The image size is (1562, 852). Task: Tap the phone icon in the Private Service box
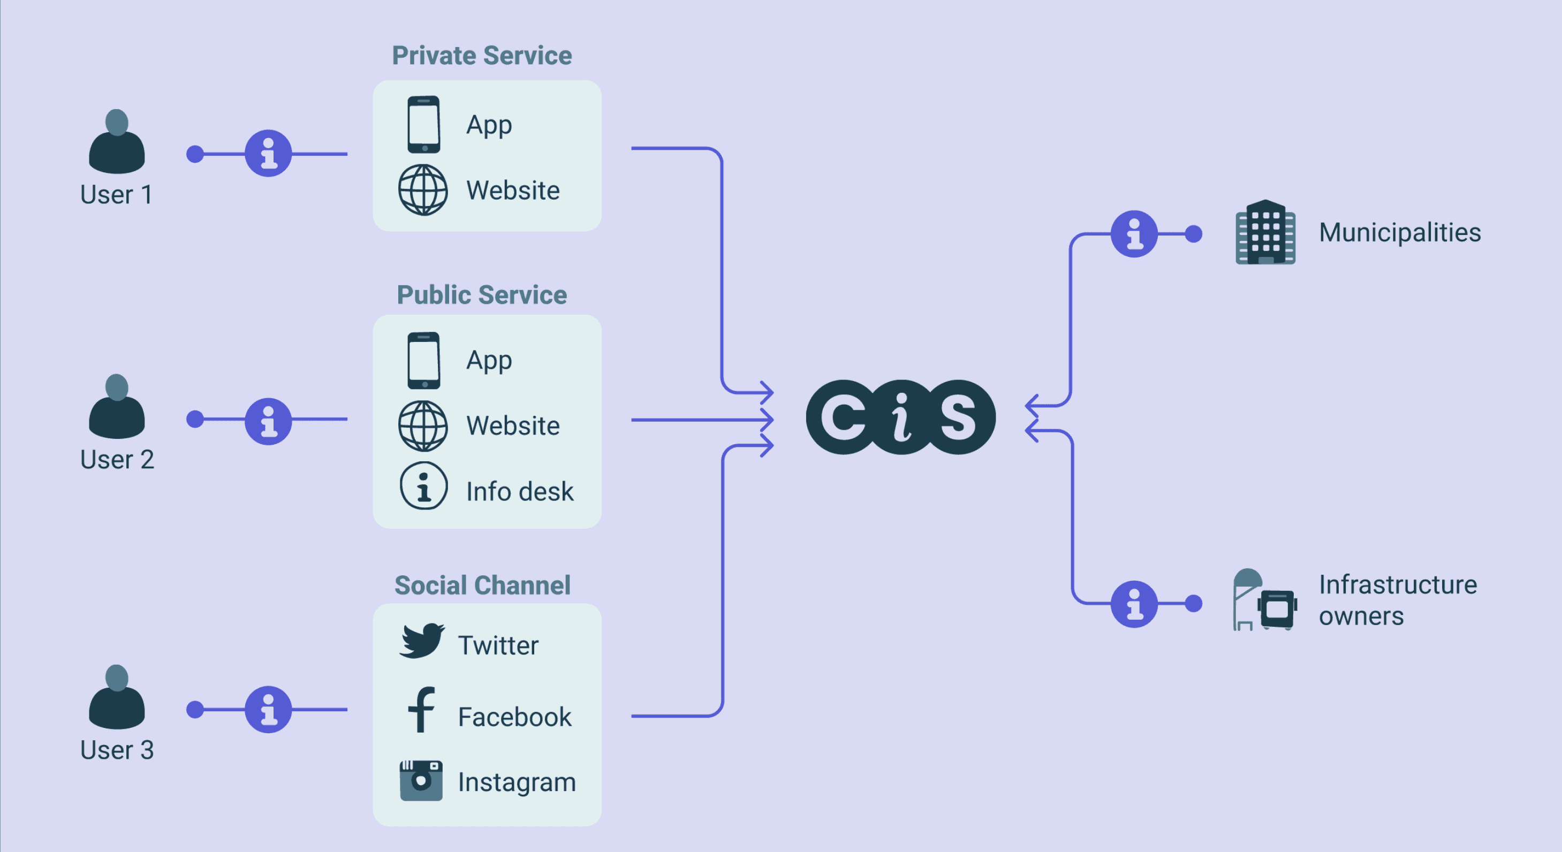point(423,124)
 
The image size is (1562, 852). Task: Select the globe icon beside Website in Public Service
point(423,425)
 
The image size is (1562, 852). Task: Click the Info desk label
point(519,491)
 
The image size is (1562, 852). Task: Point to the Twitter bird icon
point(421,641)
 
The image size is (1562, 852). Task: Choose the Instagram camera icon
point(421,780)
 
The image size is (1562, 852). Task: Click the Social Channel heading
point(482,585)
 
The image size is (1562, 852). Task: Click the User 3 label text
point(117,750)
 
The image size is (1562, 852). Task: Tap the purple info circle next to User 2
point(268,421)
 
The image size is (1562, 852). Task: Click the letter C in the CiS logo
point(844,417)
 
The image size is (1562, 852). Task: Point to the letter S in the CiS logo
point(958,417)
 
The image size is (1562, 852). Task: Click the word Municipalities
point(1399,232)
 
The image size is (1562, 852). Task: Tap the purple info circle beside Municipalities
point(1134,234)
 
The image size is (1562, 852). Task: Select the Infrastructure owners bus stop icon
point(1264,600)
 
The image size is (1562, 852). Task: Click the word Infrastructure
point(1398,584)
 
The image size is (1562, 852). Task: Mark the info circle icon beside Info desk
point(423,486)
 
